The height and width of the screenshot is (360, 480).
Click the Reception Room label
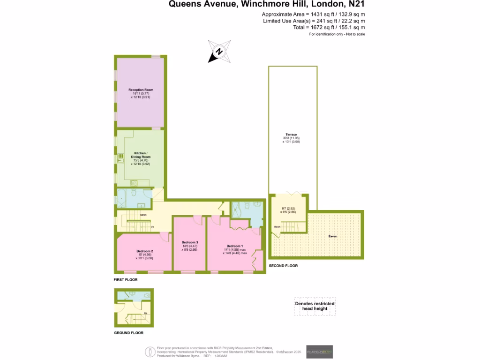[141, 90]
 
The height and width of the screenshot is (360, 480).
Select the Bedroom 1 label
[234, 246]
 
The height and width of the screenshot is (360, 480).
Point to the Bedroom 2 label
[145, 251]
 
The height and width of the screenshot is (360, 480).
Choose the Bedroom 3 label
[190, 242]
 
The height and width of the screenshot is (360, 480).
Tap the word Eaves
[332, 236]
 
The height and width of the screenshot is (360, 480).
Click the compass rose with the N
[219, 52]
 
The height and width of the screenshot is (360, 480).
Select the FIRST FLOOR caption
[126, 280]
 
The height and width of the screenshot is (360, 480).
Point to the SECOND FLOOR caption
[283, 266]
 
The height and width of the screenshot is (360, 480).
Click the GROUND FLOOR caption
[128, 333]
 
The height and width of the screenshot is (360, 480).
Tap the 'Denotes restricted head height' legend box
[315, 306]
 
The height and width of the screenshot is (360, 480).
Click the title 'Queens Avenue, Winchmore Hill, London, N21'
[266, 5]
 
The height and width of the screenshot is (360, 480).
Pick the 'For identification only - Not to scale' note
[337, 35]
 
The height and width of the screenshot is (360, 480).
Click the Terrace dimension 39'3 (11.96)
[291, 138]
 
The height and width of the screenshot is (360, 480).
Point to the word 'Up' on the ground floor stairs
[146, 313]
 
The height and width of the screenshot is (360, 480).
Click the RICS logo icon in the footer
[150, 352]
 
